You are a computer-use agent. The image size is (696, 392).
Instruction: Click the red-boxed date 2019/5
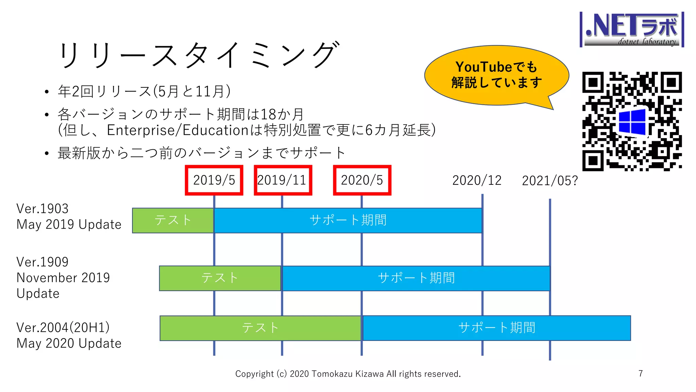click(214, 180)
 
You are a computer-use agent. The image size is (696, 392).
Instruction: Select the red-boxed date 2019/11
click(282, 180)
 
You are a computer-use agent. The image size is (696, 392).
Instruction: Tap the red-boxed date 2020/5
click(362, 180)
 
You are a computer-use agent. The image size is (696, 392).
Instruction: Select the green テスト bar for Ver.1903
click(173, 220)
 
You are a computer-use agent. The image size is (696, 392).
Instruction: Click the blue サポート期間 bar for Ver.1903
click(348, 220)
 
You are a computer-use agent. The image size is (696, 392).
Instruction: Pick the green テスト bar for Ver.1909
click(220, 278)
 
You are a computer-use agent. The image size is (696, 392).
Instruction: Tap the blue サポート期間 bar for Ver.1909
click(416, 278)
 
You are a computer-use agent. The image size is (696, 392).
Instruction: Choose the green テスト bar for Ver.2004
click(260, 328)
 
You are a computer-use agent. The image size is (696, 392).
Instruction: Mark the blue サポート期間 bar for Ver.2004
click(497, 328)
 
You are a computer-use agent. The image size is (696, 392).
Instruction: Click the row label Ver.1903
click(42, 209)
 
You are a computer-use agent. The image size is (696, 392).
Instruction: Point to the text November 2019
click(63, 278)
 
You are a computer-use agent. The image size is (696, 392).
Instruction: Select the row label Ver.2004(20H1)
click(63, 327)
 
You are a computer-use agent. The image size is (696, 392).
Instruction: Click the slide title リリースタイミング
click(199, 54)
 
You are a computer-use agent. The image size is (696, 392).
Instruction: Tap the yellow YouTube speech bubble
click(496, 75)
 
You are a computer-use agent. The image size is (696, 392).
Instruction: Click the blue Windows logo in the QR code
click(632, 121)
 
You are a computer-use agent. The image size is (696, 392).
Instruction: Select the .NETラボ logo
click(632, 30)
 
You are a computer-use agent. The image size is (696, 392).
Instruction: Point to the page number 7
click(641, 374)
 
